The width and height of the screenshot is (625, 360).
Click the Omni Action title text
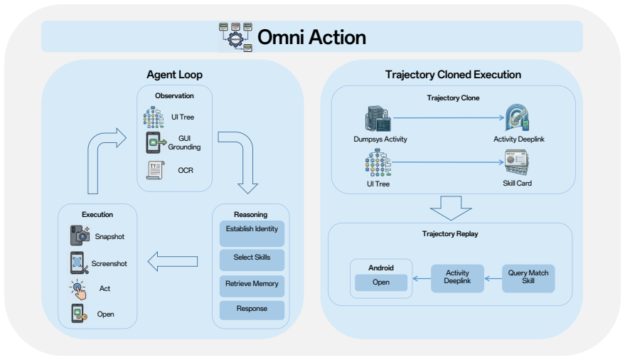(311, 38)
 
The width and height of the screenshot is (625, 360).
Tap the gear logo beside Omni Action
(235, 37)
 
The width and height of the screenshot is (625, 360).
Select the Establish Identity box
(252, 233)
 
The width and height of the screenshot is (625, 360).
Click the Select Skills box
(252, 260)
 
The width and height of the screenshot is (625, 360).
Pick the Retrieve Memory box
(252, 286)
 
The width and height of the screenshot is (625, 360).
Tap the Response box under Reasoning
(252, 310)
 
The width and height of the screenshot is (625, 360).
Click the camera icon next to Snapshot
(80, 235)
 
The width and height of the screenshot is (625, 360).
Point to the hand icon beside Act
(78, 290)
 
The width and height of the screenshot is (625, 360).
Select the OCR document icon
(156, 170)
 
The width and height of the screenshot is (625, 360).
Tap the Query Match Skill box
(528, 278)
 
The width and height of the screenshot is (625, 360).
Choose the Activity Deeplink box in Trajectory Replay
(457, 278)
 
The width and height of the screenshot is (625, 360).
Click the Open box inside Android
(381, 282)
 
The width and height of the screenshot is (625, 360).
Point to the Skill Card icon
(517, 162)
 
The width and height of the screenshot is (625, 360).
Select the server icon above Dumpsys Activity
(378, 118)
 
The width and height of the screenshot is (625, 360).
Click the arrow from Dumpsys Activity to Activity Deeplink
(449, 117)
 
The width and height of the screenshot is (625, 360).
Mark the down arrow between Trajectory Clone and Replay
(451, 208)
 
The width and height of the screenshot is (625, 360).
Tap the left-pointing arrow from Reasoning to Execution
(173, 262)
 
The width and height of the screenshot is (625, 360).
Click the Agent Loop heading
(175, 75)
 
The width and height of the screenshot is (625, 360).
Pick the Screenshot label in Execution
(109, 263)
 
